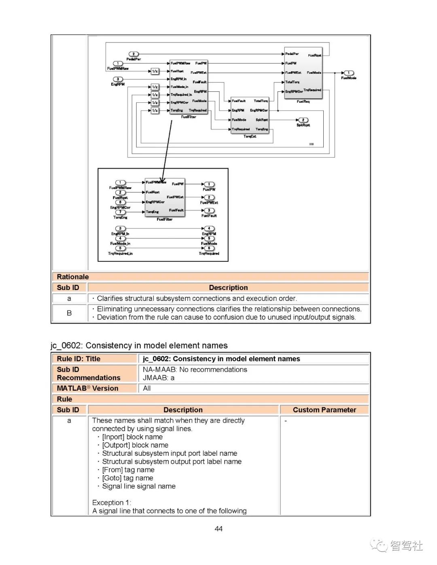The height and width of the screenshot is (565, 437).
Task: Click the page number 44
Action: click(218, 529)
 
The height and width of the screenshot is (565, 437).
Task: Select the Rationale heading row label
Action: click(73, 277)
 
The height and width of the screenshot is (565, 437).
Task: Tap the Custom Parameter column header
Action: click(325, 410)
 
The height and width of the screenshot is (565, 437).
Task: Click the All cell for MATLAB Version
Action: click(147, 388)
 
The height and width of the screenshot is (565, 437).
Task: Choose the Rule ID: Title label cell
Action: click(78, 359)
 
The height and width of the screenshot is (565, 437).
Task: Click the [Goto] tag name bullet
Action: click(127, 478)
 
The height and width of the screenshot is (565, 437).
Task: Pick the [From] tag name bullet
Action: click(128, 470)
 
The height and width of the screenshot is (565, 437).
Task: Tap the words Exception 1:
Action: click(112, 502)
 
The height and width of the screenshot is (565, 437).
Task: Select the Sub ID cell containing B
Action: click(69, 313)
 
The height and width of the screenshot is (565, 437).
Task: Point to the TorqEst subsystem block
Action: click(250, 115)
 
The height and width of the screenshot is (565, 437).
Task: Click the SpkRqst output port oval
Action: click(303, 120)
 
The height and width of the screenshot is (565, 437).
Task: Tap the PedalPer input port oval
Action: click(134, 54)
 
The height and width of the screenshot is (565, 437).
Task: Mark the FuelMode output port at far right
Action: click(348, 73)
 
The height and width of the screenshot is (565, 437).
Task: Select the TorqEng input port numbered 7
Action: click(120, 212)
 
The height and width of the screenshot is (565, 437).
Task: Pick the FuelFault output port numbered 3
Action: click(209, 210)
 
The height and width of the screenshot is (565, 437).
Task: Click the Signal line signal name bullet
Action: click(139, 486)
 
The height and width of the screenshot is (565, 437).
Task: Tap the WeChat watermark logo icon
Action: click(379, 546)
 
